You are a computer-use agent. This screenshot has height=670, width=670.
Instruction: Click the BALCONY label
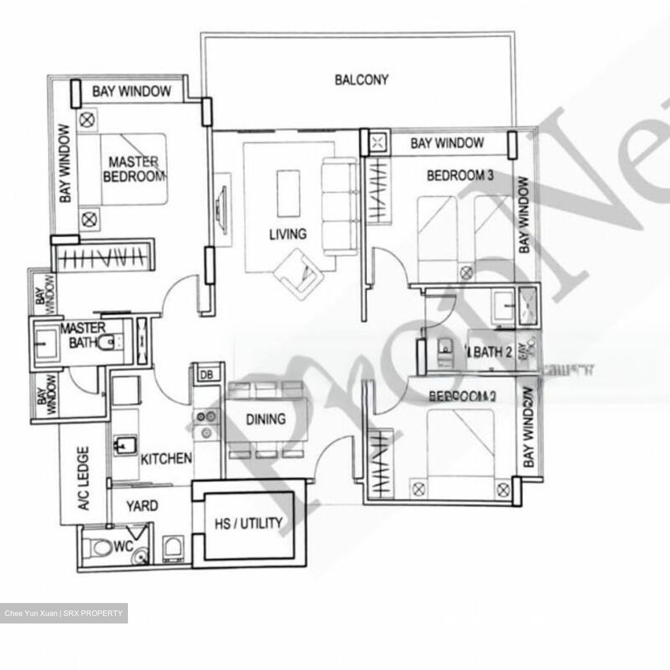tap(361, 80)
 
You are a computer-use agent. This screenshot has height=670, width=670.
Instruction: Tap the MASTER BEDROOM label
tap(134, 169)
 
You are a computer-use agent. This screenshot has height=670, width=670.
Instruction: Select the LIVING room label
tap(288, 234)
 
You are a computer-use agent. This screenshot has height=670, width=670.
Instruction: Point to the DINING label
tap(266, 419)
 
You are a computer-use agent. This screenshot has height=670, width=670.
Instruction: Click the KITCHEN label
tap(166, 459)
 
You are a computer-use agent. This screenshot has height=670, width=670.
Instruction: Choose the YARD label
tap(142, 506)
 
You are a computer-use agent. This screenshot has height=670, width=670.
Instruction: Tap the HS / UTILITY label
tap(248, 524)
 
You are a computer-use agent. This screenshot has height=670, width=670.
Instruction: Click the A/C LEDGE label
tap(84, 478)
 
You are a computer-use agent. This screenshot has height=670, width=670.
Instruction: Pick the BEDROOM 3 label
tap(460, 175)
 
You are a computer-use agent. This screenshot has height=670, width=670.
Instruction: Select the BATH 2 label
tap(493, 352)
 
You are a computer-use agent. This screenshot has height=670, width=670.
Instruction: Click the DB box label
tap(206, 374)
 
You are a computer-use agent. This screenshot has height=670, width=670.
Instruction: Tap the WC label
tap(123, 546)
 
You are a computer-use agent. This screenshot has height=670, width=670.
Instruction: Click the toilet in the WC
tap(99, 547)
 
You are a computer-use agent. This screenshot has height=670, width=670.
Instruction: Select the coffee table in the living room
tap(288, 193)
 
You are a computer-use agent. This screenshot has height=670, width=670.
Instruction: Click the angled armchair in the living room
tap(298, 275)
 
